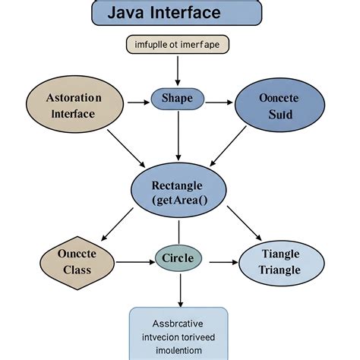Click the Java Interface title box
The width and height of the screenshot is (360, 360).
(x=176, y=13)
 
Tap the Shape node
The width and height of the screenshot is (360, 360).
(x=178, y=98)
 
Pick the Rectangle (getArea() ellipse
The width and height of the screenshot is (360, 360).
(x=178, y=192)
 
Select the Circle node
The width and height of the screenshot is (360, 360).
(x=178, y=258)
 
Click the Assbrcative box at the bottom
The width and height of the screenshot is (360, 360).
(x=178, y=332)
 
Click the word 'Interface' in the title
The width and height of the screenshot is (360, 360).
(x=194, y=13)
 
